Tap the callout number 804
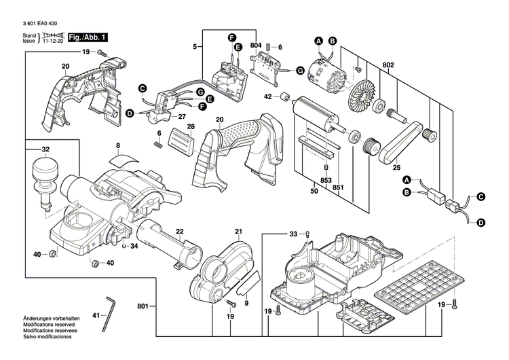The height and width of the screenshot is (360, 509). coord(255,46)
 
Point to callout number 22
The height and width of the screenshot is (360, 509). coord(181,232)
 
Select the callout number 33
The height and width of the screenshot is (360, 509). coord(293,234)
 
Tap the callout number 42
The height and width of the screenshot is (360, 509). coord(268,97)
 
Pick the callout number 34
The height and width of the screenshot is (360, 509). coord(134,246)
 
